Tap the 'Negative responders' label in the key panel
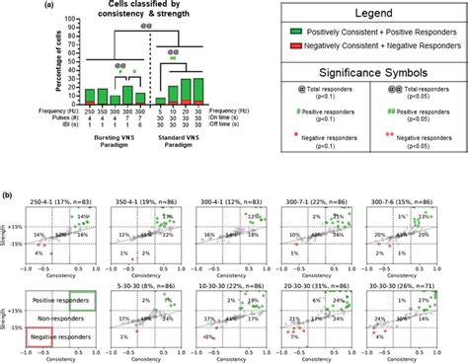(61, 336)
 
